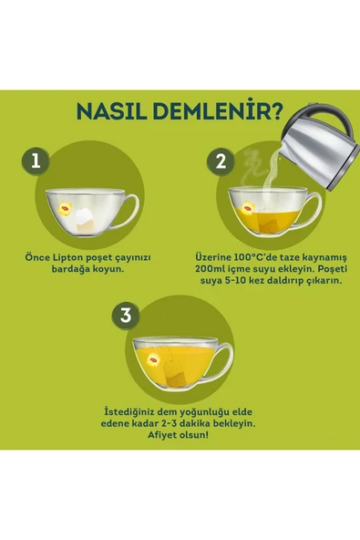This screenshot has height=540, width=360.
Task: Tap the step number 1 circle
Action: pos(36,162)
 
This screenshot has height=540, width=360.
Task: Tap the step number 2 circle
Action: pos(220,162)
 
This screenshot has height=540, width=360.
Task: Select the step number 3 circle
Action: pos(126,316)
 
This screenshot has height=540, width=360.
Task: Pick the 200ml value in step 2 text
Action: pos(211,270)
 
